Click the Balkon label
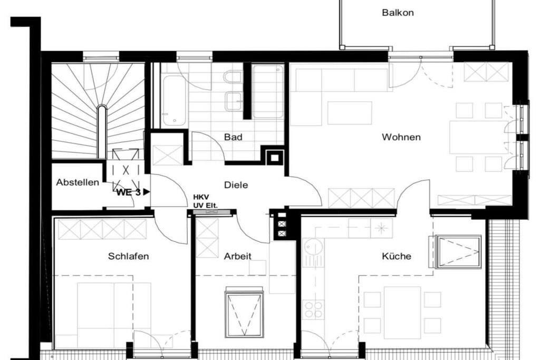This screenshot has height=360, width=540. click(x=398, y=13)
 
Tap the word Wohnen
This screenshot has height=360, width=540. click(x=401, y=137)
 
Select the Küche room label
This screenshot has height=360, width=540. click(x=397, y=256)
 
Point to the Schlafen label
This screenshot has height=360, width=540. click(x=129, y=256)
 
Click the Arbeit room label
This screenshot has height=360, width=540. click(x=238, y=256)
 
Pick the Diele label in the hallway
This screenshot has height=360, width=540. click(x=236, y=185)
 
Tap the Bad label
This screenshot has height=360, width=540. click(x=233, y=137)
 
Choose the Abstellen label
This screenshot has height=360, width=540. click(x=78, y=182)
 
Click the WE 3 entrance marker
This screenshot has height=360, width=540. click(x=132, y=192)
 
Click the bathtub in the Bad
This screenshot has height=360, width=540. click(x=175, y=100)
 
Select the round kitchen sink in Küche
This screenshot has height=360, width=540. click(x=314, y=247)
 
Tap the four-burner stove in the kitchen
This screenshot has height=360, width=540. click(x=313, y=309)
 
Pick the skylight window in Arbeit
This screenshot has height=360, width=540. click(x=244, y=314)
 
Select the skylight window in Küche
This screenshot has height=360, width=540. click(x=458, y=251)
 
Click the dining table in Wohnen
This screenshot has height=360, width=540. click(x=479, y=138)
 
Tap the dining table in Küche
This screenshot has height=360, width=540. click(x=402, y=308)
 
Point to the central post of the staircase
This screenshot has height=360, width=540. click(x=101, y=131)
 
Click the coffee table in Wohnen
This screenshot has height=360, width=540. click(x=350, y=113)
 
